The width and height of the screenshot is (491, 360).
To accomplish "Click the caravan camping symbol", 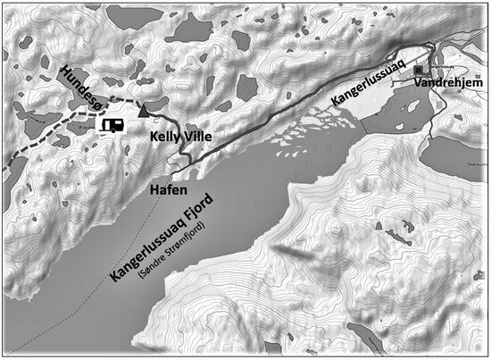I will point(112,126).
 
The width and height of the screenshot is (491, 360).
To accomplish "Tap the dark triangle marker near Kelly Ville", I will point(145,112).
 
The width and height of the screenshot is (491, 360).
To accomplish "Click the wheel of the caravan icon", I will point(112,132).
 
